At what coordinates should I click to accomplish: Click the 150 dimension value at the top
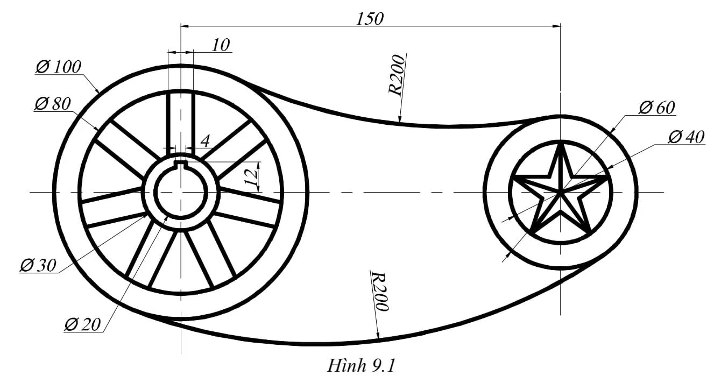click(x=370, y=18)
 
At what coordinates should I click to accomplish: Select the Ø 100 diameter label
click(x=58, y=67)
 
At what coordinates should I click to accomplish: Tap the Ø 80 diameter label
click(x=52, y=104)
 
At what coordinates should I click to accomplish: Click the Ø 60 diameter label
click(x=656, y=108)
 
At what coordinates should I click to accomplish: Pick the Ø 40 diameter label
click(x=686, y=138)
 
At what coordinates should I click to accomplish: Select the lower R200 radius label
click(x=380, y=292)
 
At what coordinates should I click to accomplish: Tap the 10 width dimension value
click(x=221, y=45)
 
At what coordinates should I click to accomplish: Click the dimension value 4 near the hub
click(x=205, y=141)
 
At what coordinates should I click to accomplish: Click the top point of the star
click(x=561, y=144)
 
